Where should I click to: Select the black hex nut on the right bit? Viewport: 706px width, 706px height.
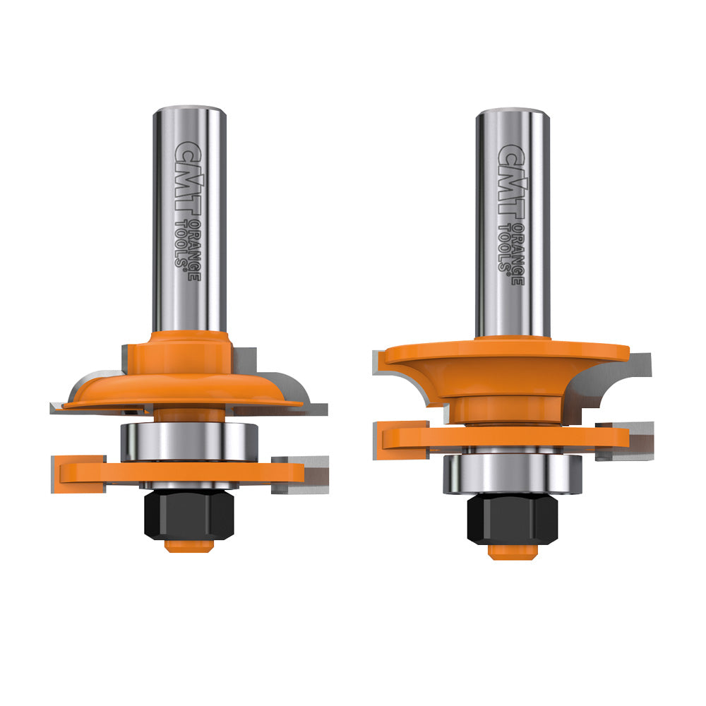pyautogui.click(x=512, y=521)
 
